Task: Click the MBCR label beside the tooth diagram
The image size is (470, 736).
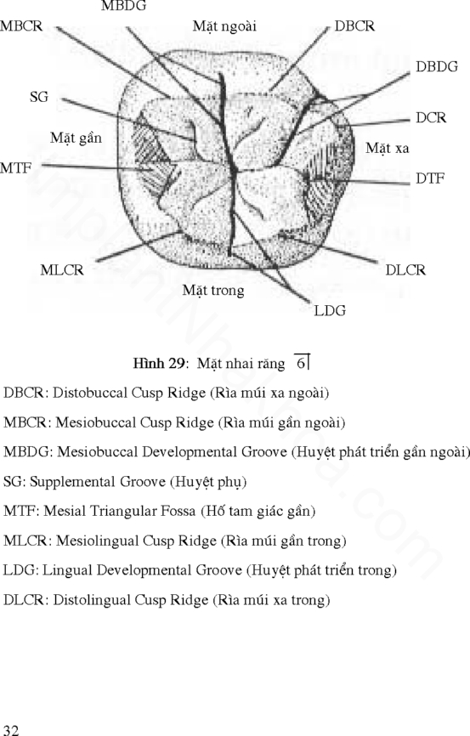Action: (x=21, y=26)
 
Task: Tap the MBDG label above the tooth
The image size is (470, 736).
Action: (x=123, y=6)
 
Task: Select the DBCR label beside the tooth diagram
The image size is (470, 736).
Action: (x=354, y=26)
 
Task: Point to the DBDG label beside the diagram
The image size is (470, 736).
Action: (x=437, y=67)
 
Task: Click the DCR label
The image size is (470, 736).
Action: (x=431, y=117)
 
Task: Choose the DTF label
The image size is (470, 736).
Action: (x=430, y=178)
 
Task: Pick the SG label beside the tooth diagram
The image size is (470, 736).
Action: (x=39, y=97)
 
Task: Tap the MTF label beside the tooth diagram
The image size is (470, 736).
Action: (x=16, y=167)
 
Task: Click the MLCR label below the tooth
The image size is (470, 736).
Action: (x=62, y=270)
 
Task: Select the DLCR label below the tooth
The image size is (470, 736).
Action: (x=405, y=270)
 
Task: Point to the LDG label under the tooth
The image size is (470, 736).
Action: (x=330, y=311)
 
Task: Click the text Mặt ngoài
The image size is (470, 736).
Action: (x=224, y=26)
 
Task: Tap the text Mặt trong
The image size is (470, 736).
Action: (x=213, y=291)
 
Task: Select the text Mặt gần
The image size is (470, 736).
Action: (x=76, y=138)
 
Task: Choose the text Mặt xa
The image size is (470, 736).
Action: (x=388, y=149)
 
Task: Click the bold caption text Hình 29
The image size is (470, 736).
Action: (x=158, y=363)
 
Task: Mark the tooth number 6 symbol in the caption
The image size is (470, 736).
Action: (x=302, y=362)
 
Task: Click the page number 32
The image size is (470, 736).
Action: (x=11, y=729)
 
